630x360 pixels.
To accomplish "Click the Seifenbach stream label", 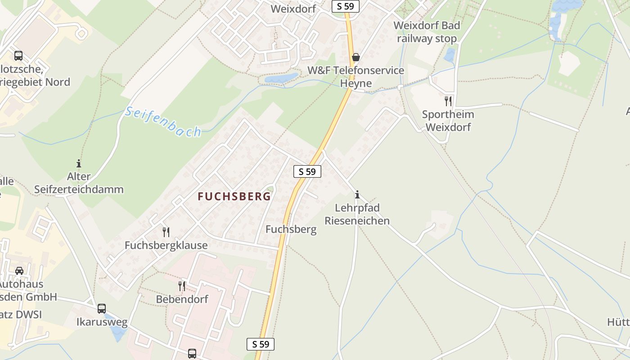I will [163, 121].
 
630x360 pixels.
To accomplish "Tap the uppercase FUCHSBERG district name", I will [234, 197].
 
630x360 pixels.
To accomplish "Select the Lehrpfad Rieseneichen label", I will [357, 214].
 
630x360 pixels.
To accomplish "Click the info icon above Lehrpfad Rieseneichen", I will [357, 194].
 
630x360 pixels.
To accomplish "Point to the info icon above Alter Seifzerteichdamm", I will [79, 163].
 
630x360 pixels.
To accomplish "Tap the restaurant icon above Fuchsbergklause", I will [166, 232].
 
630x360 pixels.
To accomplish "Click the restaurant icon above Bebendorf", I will [182, 286].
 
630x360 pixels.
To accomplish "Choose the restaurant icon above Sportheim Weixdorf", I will [448, 101].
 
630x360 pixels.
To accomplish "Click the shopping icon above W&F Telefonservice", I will [356, 57].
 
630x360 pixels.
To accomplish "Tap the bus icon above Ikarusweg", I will [102, 309].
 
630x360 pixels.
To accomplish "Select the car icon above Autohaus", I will [19, 270].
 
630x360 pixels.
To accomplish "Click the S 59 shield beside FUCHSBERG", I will [307, 171].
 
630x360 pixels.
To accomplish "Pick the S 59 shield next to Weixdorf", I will [346, 6].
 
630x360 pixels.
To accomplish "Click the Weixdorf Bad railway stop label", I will [427, 32].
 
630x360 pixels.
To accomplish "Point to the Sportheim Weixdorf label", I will [448, 121].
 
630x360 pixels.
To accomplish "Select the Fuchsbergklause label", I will [166, 245].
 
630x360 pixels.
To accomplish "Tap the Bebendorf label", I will [182, 299].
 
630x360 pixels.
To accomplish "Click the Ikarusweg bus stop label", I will [102, 322].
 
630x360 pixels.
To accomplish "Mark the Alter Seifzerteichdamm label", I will [79, 183].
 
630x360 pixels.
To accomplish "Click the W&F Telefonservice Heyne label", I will [356, 77].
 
